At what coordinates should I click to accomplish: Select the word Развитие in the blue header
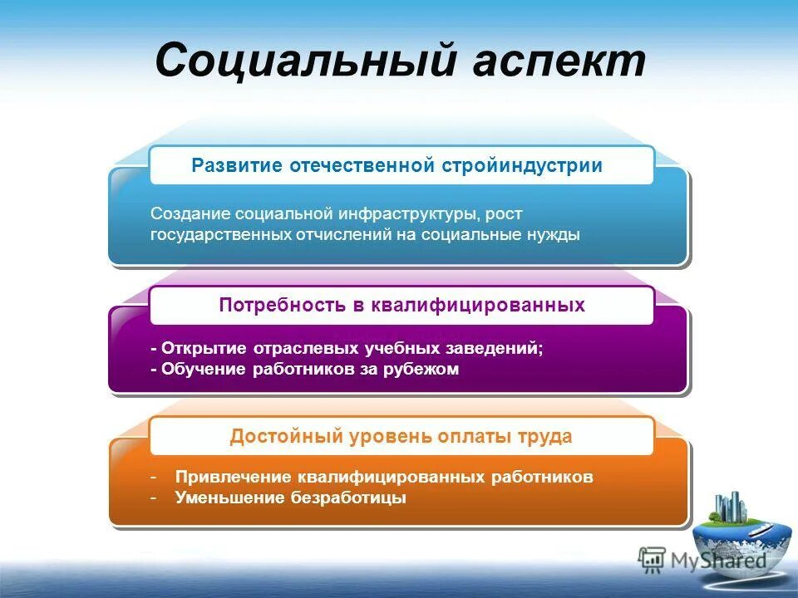click(237, 165)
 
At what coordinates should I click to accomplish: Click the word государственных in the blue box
click(220, 235)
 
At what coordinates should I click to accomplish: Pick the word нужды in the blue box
click(553, 235)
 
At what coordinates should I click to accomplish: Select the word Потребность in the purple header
click(280, 305)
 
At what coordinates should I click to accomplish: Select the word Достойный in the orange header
click(274, 436)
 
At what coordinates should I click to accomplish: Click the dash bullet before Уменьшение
click(155, 498)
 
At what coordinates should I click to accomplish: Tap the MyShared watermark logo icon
click(652, 559)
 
